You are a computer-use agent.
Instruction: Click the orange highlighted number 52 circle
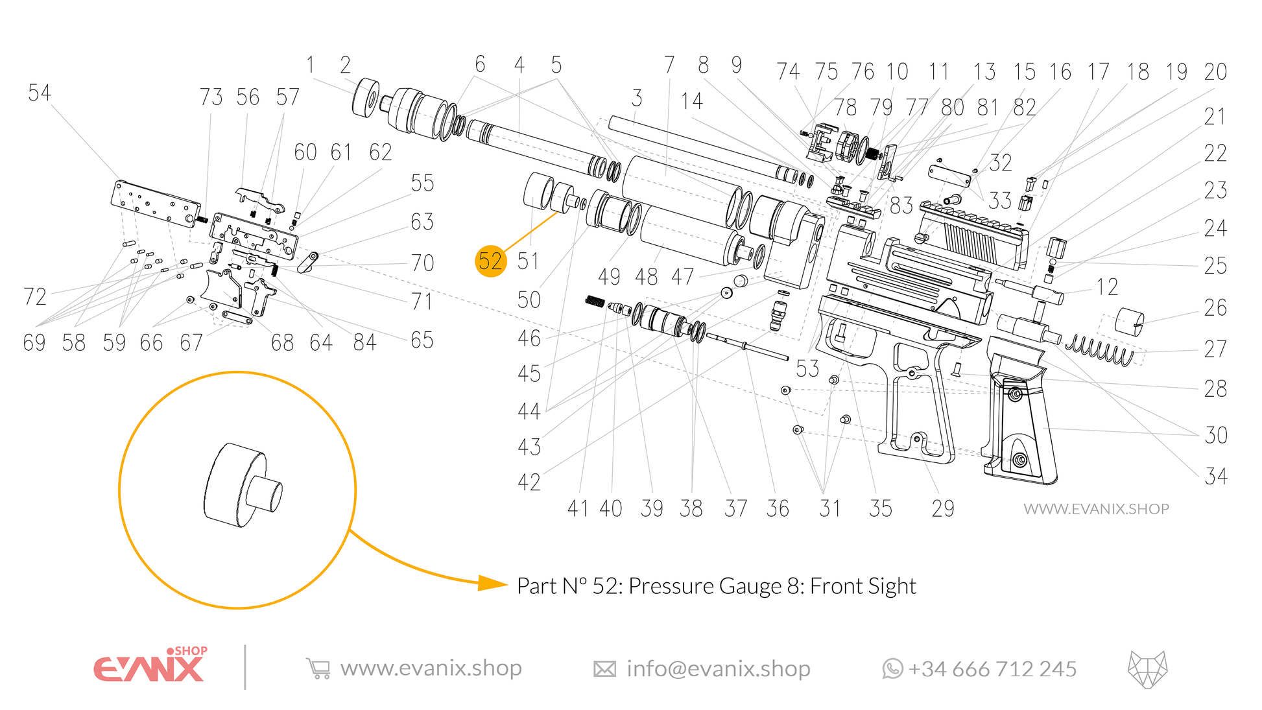pos(490,261)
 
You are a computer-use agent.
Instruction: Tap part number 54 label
pos(39,93)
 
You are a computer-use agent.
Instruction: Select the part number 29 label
pos(942,508)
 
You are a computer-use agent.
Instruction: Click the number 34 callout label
pos(1216,477)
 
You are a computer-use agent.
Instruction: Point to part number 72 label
pos(35,297)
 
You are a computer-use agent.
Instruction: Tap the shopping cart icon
pos(318,669)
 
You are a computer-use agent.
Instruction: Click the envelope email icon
pos(604,669)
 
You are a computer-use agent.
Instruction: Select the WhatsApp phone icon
pos(892,669)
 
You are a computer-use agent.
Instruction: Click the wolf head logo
pos(1147,669)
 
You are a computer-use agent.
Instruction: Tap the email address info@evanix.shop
pos(719,669)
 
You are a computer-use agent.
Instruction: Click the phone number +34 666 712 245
pos(992,669)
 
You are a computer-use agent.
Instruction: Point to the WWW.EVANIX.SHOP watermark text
pos(1096,509)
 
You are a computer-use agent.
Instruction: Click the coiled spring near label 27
pos(1100,349)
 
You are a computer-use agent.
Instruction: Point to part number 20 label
pos(1215,72)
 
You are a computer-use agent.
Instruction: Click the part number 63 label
pos(422,222)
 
